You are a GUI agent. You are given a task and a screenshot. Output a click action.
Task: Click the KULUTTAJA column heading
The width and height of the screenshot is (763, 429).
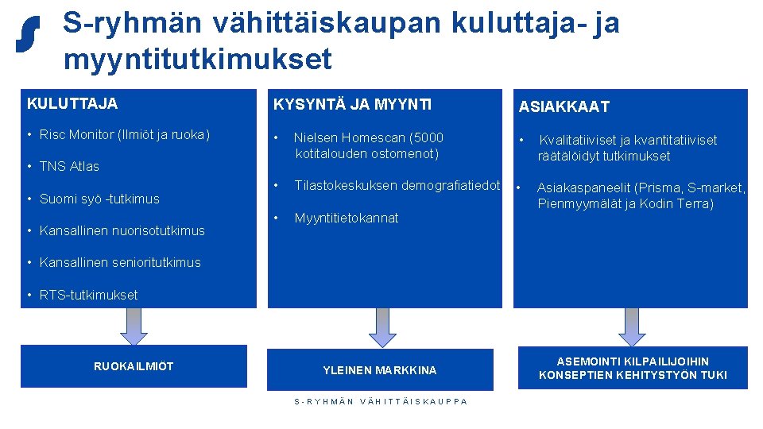tap(72, 103)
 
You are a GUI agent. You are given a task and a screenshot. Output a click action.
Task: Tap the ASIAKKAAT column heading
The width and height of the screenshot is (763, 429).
tap(564, 106)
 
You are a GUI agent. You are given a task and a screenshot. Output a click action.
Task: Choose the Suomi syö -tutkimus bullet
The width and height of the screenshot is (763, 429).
tap(100, 199)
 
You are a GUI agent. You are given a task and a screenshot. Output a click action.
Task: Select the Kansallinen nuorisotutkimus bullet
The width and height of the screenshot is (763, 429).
tap(122, 230)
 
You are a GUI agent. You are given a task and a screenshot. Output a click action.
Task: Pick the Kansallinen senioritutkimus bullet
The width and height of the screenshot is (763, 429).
tap(120, 262)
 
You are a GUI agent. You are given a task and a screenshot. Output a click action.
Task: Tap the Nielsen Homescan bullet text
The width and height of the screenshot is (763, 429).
tap(369, 145)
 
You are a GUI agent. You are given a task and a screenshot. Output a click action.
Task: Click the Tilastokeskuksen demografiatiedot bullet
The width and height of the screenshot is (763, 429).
tap(397, 186)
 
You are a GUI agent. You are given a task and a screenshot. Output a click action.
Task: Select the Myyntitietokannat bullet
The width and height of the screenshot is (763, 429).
tap(347, 218)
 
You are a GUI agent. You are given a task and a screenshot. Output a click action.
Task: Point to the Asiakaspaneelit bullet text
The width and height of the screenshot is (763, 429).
tap(641, 195)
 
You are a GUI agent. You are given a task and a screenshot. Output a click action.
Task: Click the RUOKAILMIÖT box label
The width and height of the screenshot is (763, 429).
tap(134, 366)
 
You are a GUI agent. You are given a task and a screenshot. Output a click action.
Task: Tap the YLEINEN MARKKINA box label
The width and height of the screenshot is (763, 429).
tap(380, 370)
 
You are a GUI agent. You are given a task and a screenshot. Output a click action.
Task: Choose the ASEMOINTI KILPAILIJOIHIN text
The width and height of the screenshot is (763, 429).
tap(633, 361)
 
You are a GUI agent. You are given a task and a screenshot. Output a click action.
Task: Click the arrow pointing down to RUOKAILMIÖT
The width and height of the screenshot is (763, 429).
tap(135, 326)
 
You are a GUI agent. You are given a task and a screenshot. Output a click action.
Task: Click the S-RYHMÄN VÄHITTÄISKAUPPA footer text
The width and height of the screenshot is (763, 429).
tap(381, 401)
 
